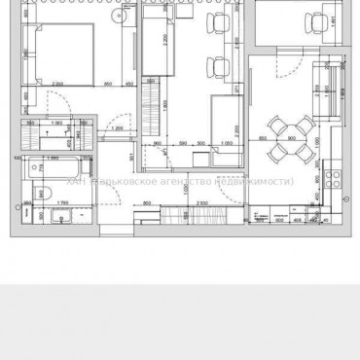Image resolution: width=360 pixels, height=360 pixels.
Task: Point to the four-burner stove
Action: pos(330,178)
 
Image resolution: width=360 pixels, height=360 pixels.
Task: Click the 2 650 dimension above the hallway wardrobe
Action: pos(201,201)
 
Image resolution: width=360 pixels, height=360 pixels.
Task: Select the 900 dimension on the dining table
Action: pos(292,138)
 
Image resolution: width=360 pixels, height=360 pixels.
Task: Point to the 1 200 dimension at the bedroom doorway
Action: pos(117,127)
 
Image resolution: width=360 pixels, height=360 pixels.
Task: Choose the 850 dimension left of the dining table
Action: pos(264,138)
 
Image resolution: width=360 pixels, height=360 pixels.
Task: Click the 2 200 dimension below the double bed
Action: pos(57,85)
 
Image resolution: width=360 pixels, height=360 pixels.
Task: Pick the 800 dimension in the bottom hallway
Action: pos(146,201)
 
